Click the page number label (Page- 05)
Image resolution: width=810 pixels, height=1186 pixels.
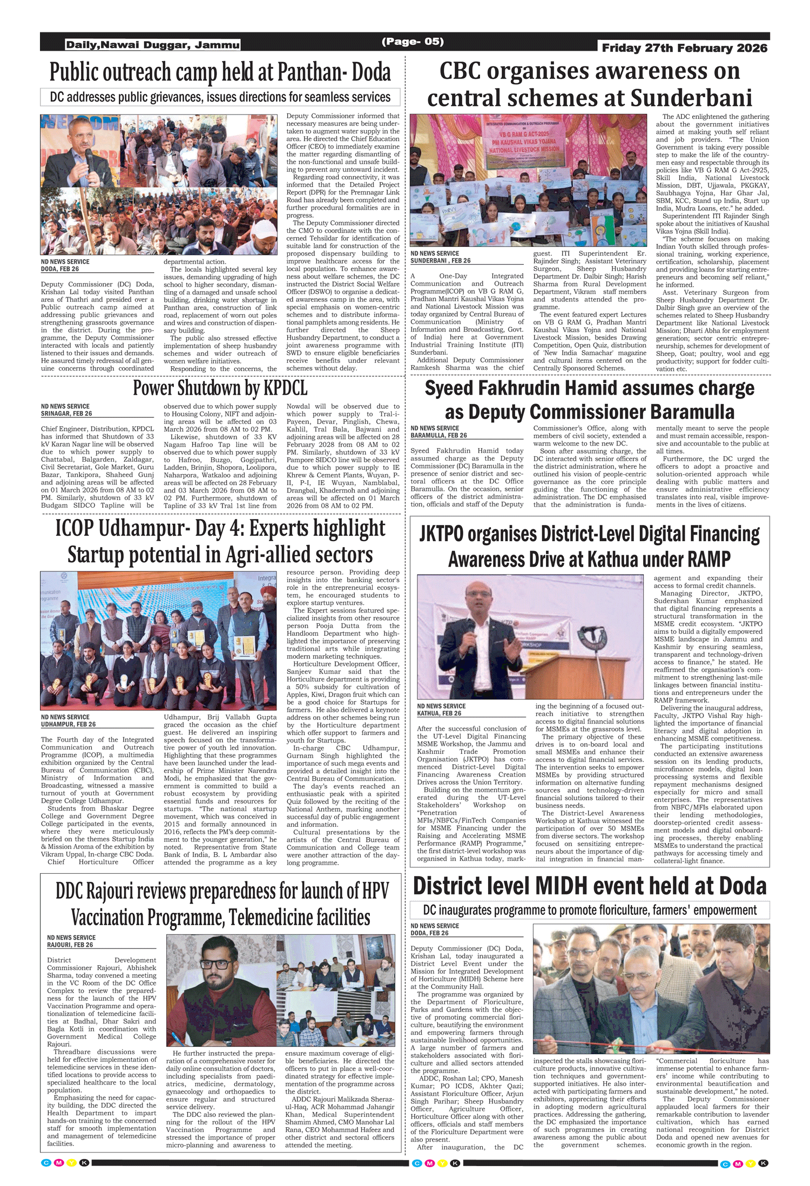(413, 42)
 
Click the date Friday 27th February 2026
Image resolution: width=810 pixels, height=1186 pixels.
(684, 48)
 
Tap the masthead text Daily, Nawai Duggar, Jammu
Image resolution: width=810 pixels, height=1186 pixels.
(153, 45)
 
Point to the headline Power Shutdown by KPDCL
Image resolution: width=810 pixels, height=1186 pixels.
(220, 388)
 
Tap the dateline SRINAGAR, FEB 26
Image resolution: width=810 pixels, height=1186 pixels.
(66, 414)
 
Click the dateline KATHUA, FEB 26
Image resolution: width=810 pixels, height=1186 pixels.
(439, 713)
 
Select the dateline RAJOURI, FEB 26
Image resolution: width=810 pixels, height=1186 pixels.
(70, 945)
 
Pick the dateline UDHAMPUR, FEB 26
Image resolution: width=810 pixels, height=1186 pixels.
(68, 724)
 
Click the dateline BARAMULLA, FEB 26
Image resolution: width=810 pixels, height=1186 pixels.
(438, 435)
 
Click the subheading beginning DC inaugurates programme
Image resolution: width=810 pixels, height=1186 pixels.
(590, 910)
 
